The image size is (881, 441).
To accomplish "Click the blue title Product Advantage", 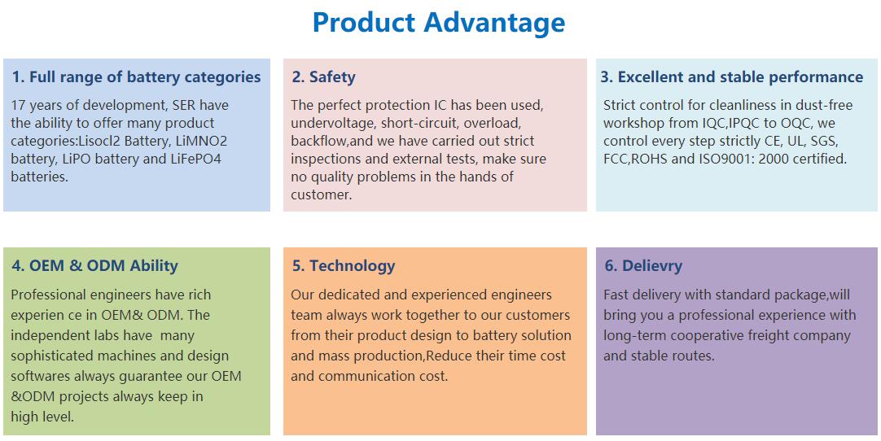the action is (x=438, y=23).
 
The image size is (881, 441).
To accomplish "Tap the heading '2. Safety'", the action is (x=323, y=77).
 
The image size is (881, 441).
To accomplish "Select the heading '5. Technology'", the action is (x=344, y=266).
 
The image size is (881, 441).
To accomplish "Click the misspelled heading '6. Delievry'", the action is (x=643, y=266).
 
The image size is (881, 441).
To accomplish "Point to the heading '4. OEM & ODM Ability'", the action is (x=94, y=266).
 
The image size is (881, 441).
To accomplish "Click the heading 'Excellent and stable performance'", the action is (x=740, y=77).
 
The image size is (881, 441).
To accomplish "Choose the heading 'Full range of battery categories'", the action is (x=145, y=77).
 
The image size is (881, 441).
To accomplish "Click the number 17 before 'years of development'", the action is (x=18, y=105).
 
